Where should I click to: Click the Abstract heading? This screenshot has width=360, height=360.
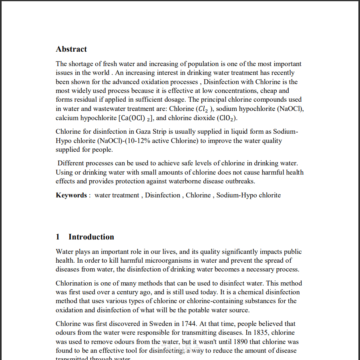71,49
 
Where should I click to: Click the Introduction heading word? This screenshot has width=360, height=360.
91,237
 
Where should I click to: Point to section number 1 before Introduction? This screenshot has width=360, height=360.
58,237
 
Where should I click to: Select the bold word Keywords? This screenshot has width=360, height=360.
71,195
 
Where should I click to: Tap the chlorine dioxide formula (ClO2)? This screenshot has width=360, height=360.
227,118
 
